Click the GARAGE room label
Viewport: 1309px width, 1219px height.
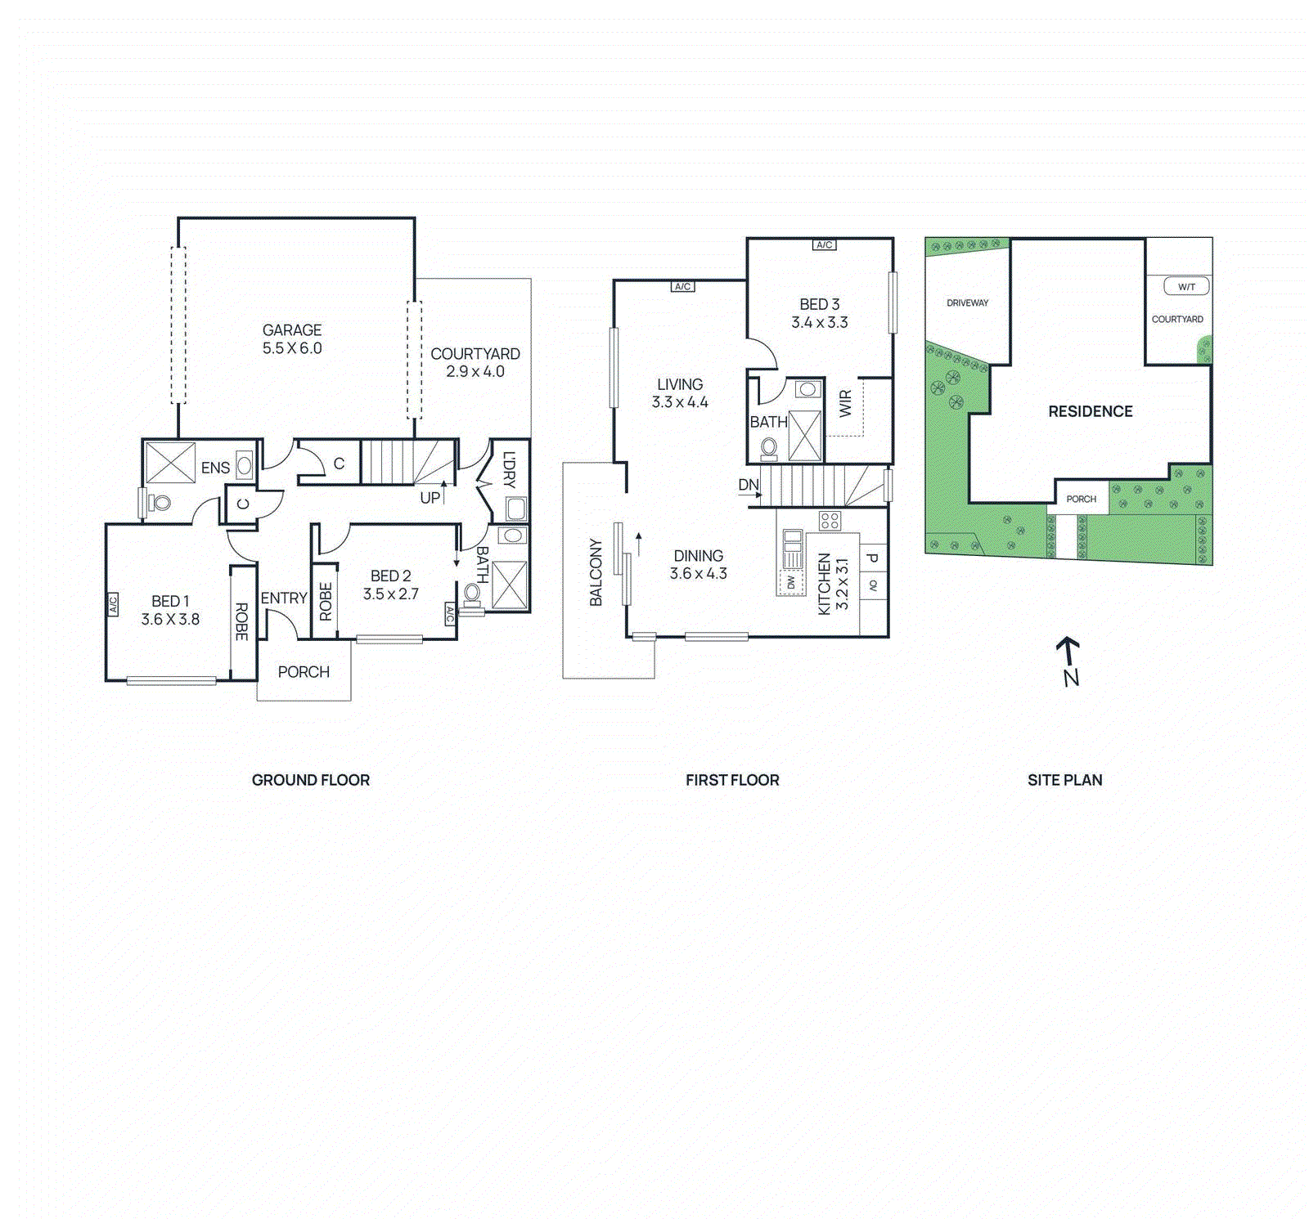coord(292,330)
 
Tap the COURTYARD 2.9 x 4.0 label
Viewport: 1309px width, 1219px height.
coord(475,362)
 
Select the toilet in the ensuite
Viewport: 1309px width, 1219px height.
coord(160,503)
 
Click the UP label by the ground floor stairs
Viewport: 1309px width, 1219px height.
coord(430,498)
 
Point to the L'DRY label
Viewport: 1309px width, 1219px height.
coord(509,469)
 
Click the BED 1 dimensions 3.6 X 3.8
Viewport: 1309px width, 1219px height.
coord(170,620)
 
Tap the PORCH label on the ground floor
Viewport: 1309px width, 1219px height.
coord(304,672)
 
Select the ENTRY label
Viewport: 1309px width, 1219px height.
coord(284,598)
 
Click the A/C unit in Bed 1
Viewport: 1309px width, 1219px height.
coord(113,604)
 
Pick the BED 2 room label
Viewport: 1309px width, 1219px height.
coord(391,576)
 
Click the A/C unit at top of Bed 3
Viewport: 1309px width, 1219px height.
coord(824,245)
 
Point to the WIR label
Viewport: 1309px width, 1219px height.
coord(845,403)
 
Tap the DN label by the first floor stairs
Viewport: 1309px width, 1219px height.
coord(749,485)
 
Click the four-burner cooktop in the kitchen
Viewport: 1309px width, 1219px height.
coord(830,521)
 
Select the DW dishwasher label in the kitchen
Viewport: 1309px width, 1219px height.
coord(791,583)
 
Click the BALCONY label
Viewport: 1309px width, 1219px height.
coord(596,572)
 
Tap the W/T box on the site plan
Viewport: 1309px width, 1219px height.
coord(1186,287)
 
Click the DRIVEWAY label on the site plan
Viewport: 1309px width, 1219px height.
coord(967,303)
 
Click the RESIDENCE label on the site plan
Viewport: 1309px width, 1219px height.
coord(1091,411)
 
